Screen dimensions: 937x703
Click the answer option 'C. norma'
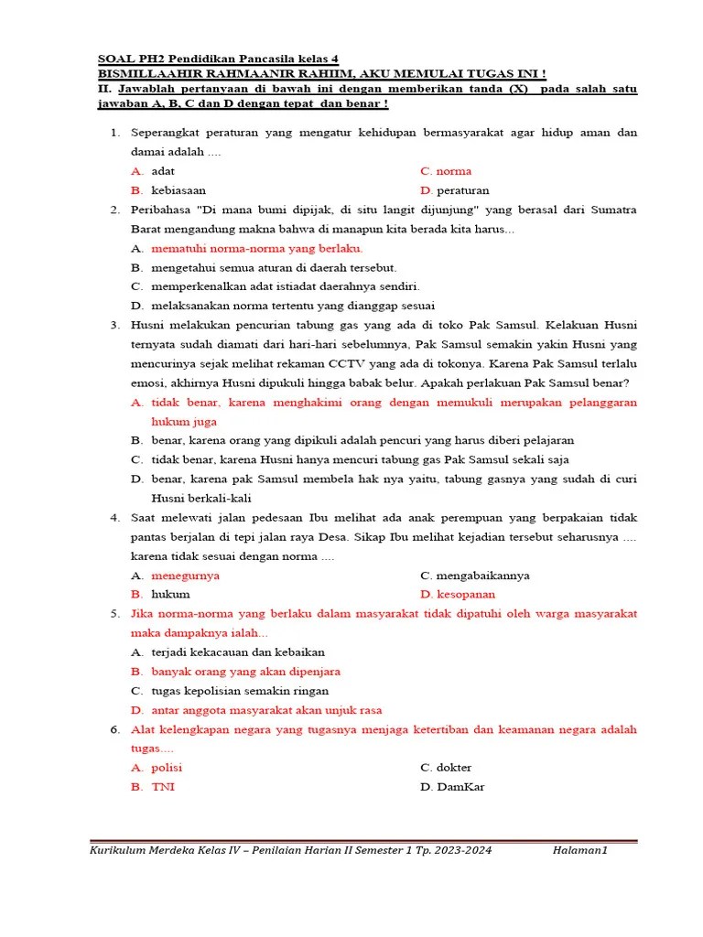click(446, 171)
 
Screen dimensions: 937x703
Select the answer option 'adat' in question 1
click(163, 171)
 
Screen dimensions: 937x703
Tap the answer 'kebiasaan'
click(178, 190)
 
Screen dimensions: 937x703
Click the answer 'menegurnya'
click(185, 576)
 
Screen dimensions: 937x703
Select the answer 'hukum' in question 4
click(170, 595)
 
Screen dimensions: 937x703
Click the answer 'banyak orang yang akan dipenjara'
click(245, 672)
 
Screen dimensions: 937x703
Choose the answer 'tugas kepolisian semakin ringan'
click(240, 691)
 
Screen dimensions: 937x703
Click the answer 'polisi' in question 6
click(167, 768)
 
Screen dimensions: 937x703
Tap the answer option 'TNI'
click(162, 787)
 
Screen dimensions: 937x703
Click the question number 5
click(115, 614)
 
